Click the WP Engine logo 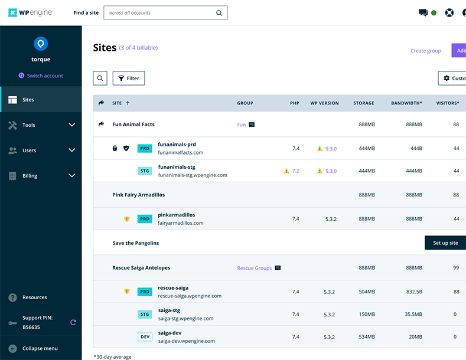pos(30,12)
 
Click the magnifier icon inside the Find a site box pos(219,13)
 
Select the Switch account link pos(41,76)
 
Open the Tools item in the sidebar pos(29,125)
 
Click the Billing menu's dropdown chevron pos(72,175)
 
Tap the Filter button pos(129,78)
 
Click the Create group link pos(425,51)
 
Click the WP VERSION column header pos(324,103)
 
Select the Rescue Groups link pos(255,268)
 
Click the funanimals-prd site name pos(177,145)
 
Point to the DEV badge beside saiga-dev pos(145,337)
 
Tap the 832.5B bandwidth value pos(413,292)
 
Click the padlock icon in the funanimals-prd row pos(115,148)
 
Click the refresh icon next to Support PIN pos(73,322)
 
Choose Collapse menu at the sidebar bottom pos(40,348)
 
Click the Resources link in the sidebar pos(34,297)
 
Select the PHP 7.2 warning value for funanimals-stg pos(295,171)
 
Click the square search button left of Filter pos(100,78)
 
